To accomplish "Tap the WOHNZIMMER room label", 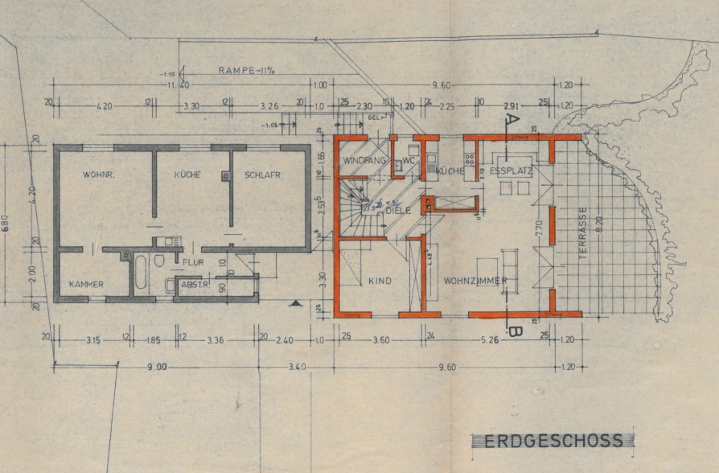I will tap(475, 281).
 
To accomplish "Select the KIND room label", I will tap(380, 281).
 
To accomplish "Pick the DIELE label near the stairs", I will tap(398, 210).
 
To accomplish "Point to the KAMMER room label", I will tap(86, 284).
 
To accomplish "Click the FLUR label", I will tap(193, 262).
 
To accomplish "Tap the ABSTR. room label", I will tap(195, 284).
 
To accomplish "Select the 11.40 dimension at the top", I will tap(178, 84).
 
